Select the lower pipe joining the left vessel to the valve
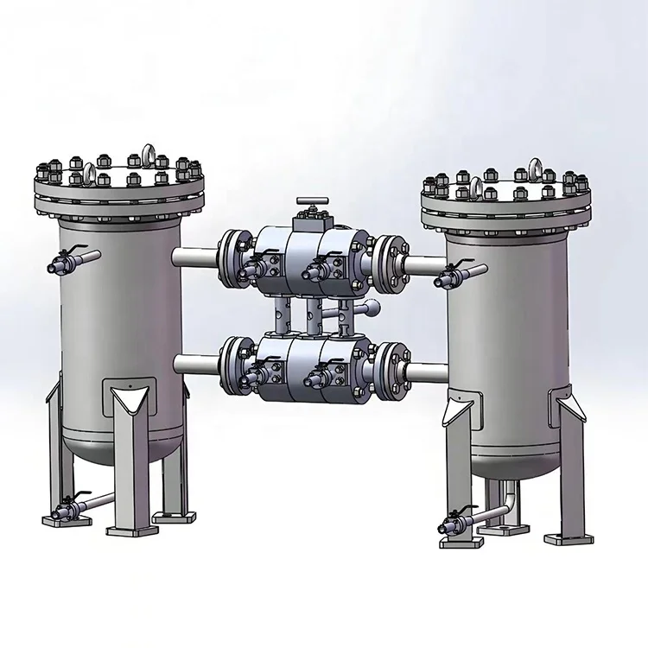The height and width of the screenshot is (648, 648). coord(196,362)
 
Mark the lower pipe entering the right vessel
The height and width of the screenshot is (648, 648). coord(425,373)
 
